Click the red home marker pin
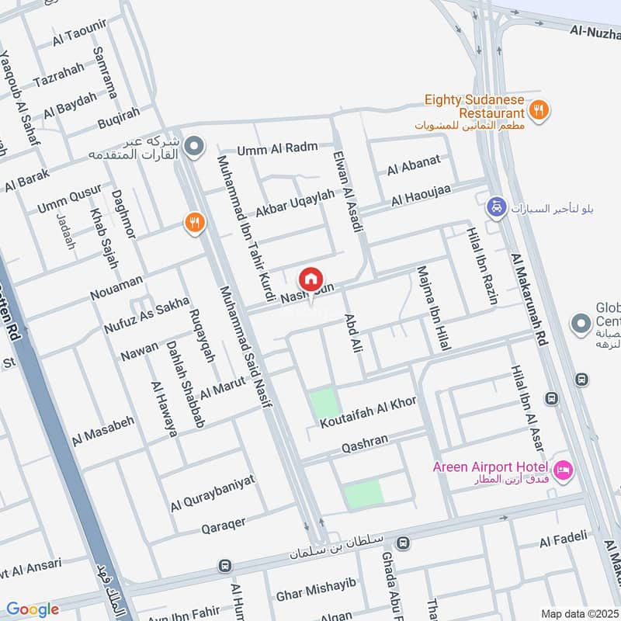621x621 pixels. point(310,278)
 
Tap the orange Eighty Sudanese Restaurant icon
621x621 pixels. point(540,109)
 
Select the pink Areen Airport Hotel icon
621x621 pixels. point(563,469)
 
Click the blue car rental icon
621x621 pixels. point(494,207)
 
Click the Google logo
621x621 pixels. point(33,609)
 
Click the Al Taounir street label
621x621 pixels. point(79,40)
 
